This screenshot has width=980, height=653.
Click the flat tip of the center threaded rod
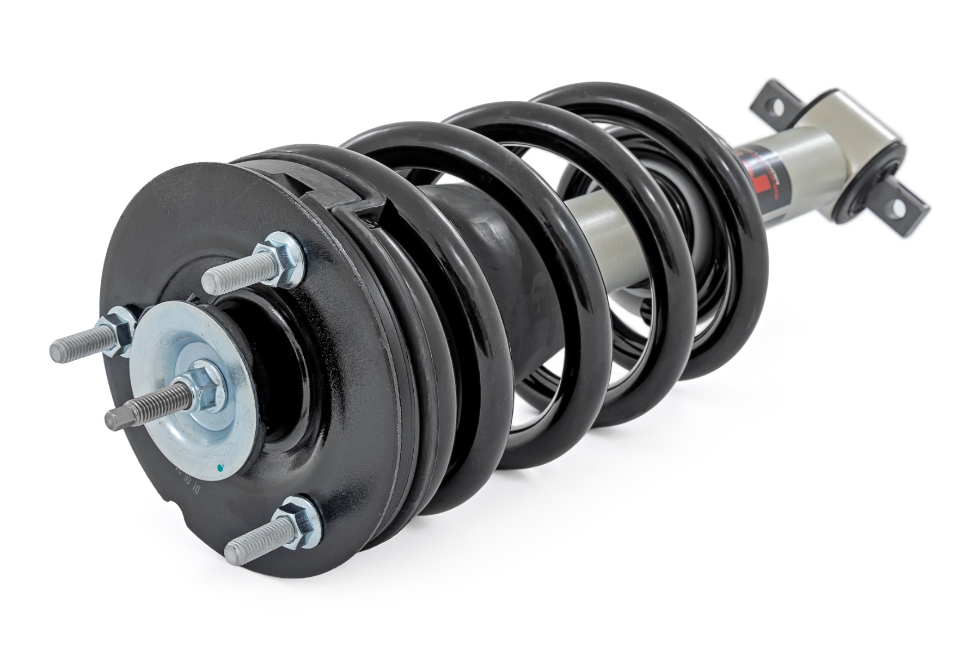coord(111,420)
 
